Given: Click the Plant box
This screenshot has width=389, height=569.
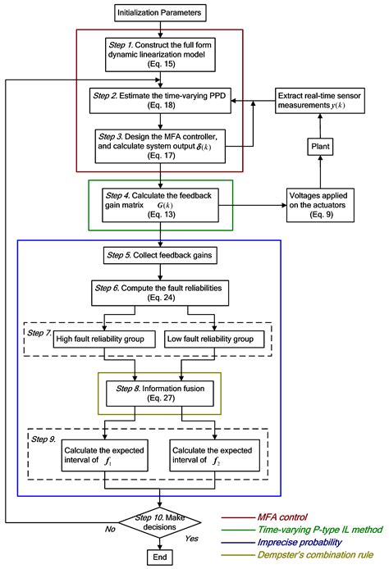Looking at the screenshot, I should coord(319,145).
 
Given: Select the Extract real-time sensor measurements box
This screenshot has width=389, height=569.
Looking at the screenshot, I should coord(319,99).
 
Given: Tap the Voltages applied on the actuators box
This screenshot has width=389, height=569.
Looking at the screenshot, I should coord(319,203).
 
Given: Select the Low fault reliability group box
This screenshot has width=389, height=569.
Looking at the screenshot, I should coord(216,339).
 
